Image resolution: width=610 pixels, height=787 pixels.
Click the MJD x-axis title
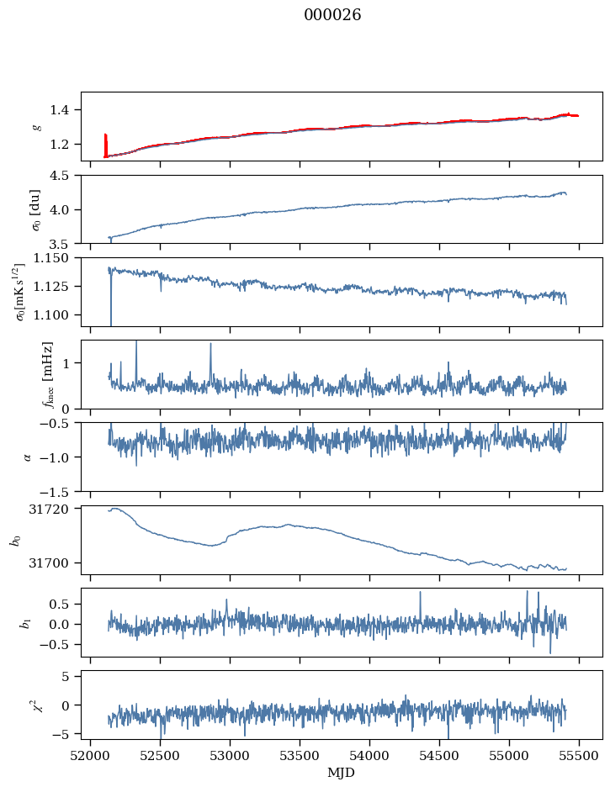[x=342, y=773]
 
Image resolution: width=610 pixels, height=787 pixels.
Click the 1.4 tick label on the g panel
[x=65, y=110]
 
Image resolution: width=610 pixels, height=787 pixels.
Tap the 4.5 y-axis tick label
[x=65, y=176]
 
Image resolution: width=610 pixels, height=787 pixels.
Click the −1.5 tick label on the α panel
[x=61, y=491]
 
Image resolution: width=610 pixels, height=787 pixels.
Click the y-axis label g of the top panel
[x=36, y=126]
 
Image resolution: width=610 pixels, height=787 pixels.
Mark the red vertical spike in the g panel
[x=105, y=144]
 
